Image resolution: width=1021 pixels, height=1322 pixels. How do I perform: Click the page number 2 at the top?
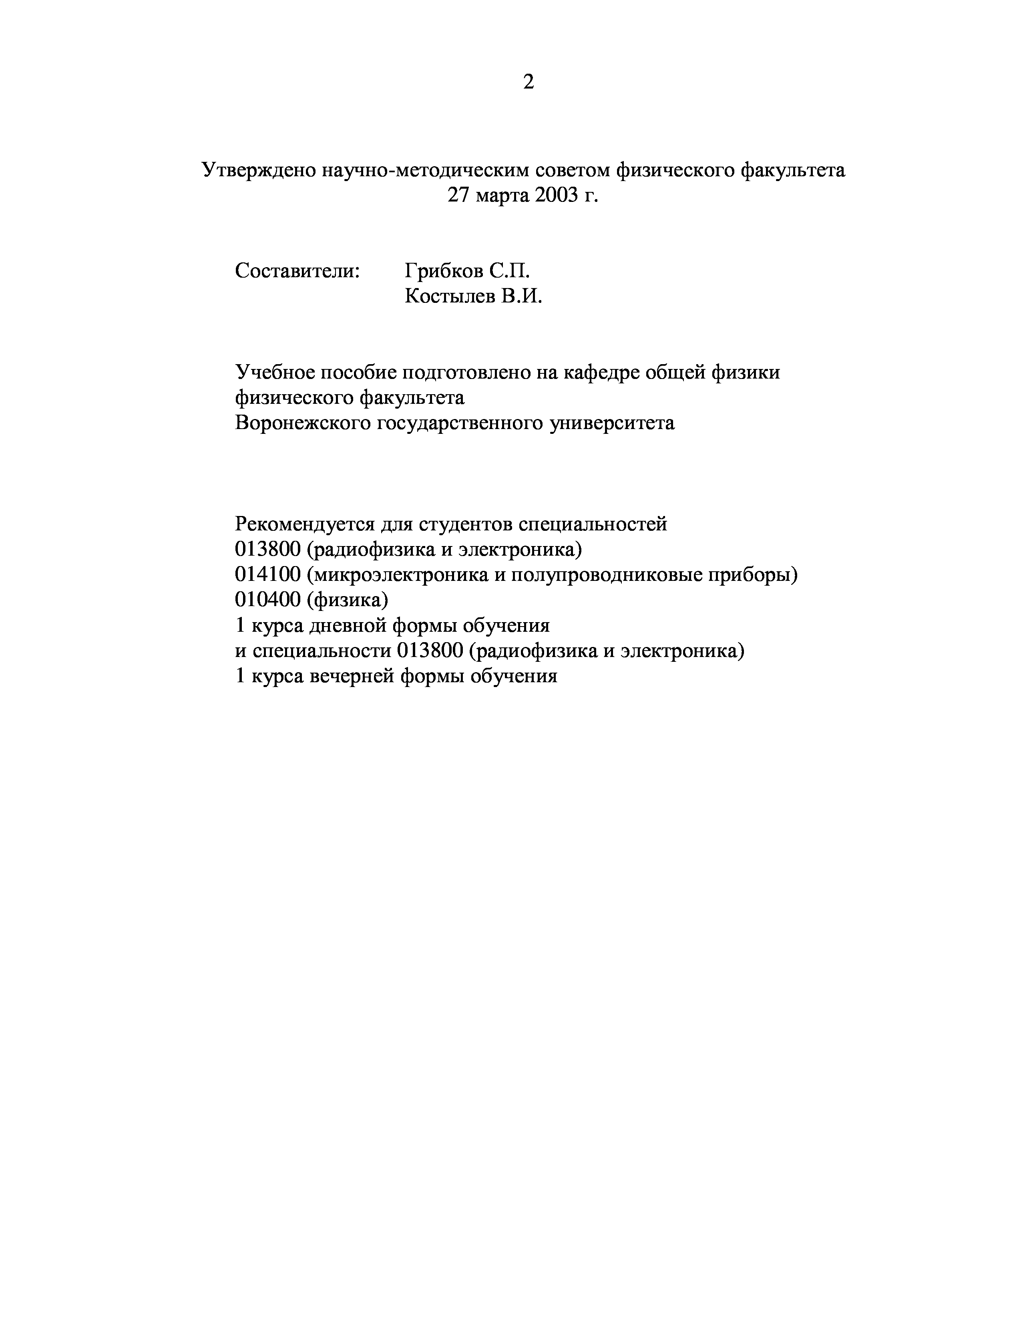(x=528, y=82)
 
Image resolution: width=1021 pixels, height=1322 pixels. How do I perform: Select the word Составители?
(x=297, y=270)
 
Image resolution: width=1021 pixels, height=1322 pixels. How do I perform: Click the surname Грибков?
(x=444, y=270)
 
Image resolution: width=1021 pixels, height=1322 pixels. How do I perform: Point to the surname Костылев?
(x=448, y=296)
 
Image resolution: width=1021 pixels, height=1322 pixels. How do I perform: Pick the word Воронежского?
(x=302, y=423)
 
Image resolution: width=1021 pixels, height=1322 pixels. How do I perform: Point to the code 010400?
(x=267, y=600)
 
